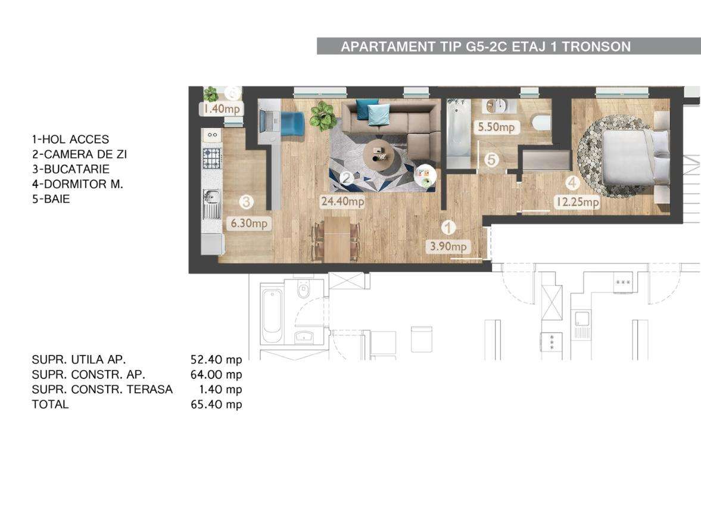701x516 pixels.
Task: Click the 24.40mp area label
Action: coord(342,201)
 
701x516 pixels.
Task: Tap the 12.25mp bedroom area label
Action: coord(577,202)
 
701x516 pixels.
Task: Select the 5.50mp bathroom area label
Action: coord(496,127)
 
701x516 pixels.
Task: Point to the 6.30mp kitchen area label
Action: coord(249,223)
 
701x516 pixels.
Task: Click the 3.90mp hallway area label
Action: coord(448,246)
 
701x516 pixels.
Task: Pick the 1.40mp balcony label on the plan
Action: coord(222,108)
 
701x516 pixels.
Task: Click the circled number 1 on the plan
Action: coord(448,228)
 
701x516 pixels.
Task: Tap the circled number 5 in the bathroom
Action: coord(491,160)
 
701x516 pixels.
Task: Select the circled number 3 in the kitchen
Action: coord(247,202)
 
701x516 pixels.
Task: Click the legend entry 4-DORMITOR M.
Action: coord(77,184)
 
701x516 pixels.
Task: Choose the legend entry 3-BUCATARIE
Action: coord(71,169)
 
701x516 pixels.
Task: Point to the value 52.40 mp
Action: coord(216,359)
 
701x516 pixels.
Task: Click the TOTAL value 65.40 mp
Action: coord(216,404)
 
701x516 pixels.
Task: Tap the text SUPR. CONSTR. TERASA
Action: coord(102,390)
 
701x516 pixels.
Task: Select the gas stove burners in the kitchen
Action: coord(212,157)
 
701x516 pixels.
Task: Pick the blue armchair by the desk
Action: coord(293,123)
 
